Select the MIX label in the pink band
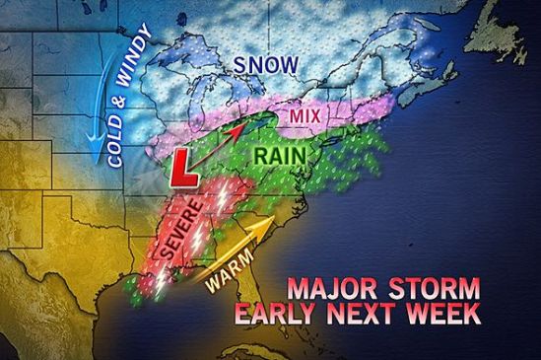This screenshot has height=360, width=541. coord(305,117)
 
